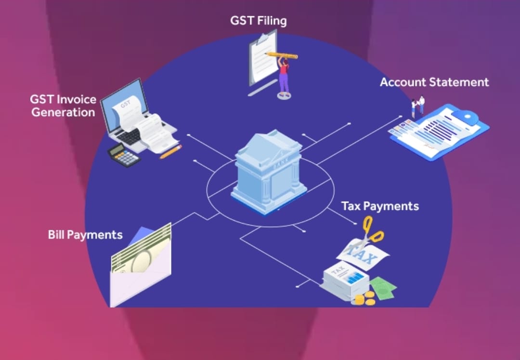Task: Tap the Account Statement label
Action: pos(434,82)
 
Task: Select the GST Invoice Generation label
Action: pos(63,106)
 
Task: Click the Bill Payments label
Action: pos(85,235)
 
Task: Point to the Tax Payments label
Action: pos(380,206)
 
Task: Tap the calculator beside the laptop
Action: pos(124,155)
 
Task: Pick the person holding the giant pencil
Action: pos(284,77)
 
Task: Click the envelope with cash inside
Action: pos(140,270)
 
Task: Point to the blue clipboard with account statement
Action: pos(441,130)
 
